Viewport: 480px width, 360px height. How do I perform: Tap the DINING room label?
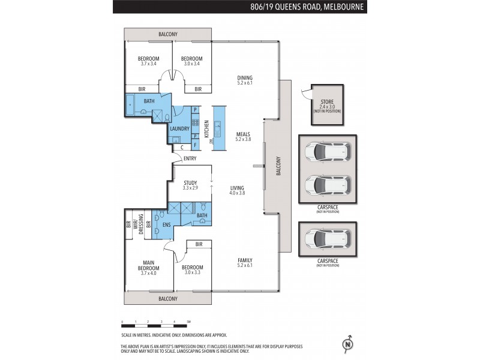(x=244, y=77)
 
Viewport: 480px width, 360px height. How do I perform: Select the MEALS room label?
(x=244, y=135)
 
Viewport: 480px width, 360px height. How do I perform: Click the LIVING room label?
(x=238, y=188)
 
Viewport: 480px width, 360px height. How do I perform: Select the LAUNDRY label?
(x=180, y=128)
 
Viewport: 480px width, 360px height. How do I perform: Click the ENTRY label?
(x=190, y=158)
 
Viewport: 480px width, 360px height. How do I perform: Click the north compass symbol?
(x=346, y=344)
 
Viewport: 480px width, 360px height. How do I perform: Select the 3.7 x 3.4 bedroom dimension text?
(x=148, y=63)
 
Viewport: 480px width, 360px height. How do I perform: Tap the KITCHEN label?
(x=206, y=129)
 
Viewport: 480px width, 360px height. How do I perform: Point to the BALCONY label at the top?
(x=167, y=34)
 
